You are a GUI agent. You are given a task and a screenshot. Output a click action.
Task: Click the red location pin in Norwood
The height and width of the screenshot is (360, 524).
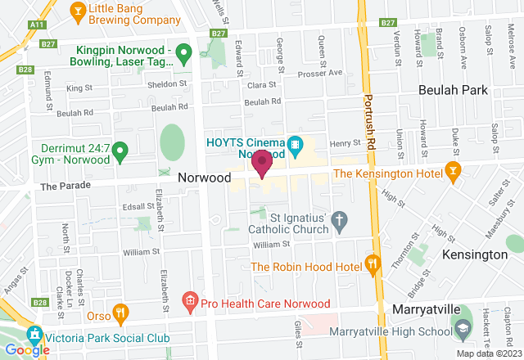(262, 164)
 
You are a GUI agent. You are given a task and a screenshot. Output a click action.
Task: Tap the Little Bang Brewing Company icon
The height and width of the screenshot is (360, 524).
(78, 10)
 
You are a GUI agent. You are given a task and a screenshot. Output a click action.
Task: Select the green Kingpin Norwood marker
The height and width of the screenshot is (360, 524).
(184, 56)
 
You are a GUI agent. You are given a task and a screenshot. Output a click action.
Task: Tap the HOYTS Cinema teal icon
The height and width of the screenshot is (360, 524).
(296, 144)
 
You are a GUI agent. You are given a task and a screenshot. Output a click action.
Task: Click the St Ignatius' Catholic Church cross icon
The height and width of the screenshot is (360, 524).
(340, 219)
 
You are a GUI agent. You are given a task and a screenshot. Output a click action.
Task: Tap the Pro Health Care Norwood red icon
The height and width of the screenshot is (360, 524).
(190, 300)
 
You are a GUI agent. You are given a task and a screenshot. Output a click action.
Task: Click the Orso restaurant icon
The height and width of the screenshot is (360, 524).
(120, 312)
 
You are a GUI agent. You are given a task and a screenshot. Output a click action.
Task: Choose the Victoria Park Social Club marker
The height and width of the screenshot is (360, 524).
(34, 334)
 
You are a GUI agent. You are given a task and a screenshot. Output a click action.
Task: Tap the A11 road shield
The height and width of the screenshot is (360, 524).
(37, 25)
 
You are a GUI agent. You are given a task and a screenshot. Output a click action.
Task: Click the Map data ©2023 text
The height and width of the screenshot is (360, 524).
(488, 353)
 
